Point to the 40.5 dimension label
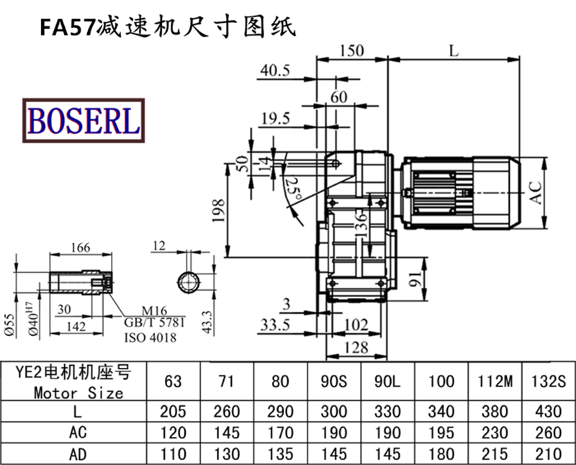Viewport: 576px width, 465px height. (x=274, y=70)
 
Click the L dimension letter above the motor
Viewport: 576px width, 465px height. (x=453, y=50)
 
